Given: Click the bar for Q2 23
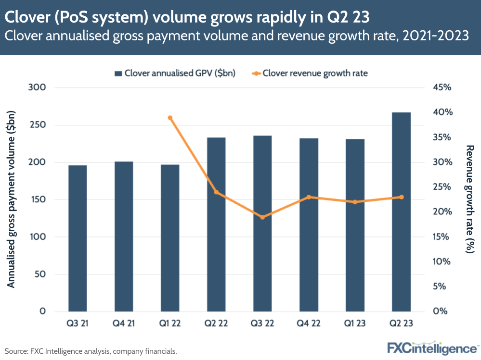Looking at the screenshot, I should pos(401,211).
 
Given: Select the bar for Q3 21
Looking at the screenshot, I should pos(78,238).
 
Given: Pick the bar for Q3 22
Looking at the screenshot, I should pos(262,223).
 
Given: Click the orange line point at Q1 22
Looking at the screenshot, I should pos(170,118).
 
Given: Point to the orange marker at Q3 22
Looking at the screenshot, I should pos(262,217).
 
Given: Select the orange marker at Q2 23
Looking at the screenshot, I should pos(401,197).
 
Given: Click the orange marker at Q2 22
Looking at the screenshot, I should pos(216,192).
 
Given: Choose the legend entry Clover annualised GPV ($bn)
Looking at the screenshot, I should pos(174,74).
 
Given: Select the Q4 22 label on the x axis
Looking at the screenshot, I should pos(309,323).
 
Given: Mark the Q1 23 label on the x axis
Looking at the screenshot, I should pos(355,323).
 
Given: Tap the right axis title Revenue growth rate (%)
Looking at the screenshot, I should pos(469,199).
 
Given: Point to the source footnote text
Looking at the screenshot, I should pos(91,351).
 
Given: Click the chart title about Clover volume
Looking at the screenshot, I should pos(187,17).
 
